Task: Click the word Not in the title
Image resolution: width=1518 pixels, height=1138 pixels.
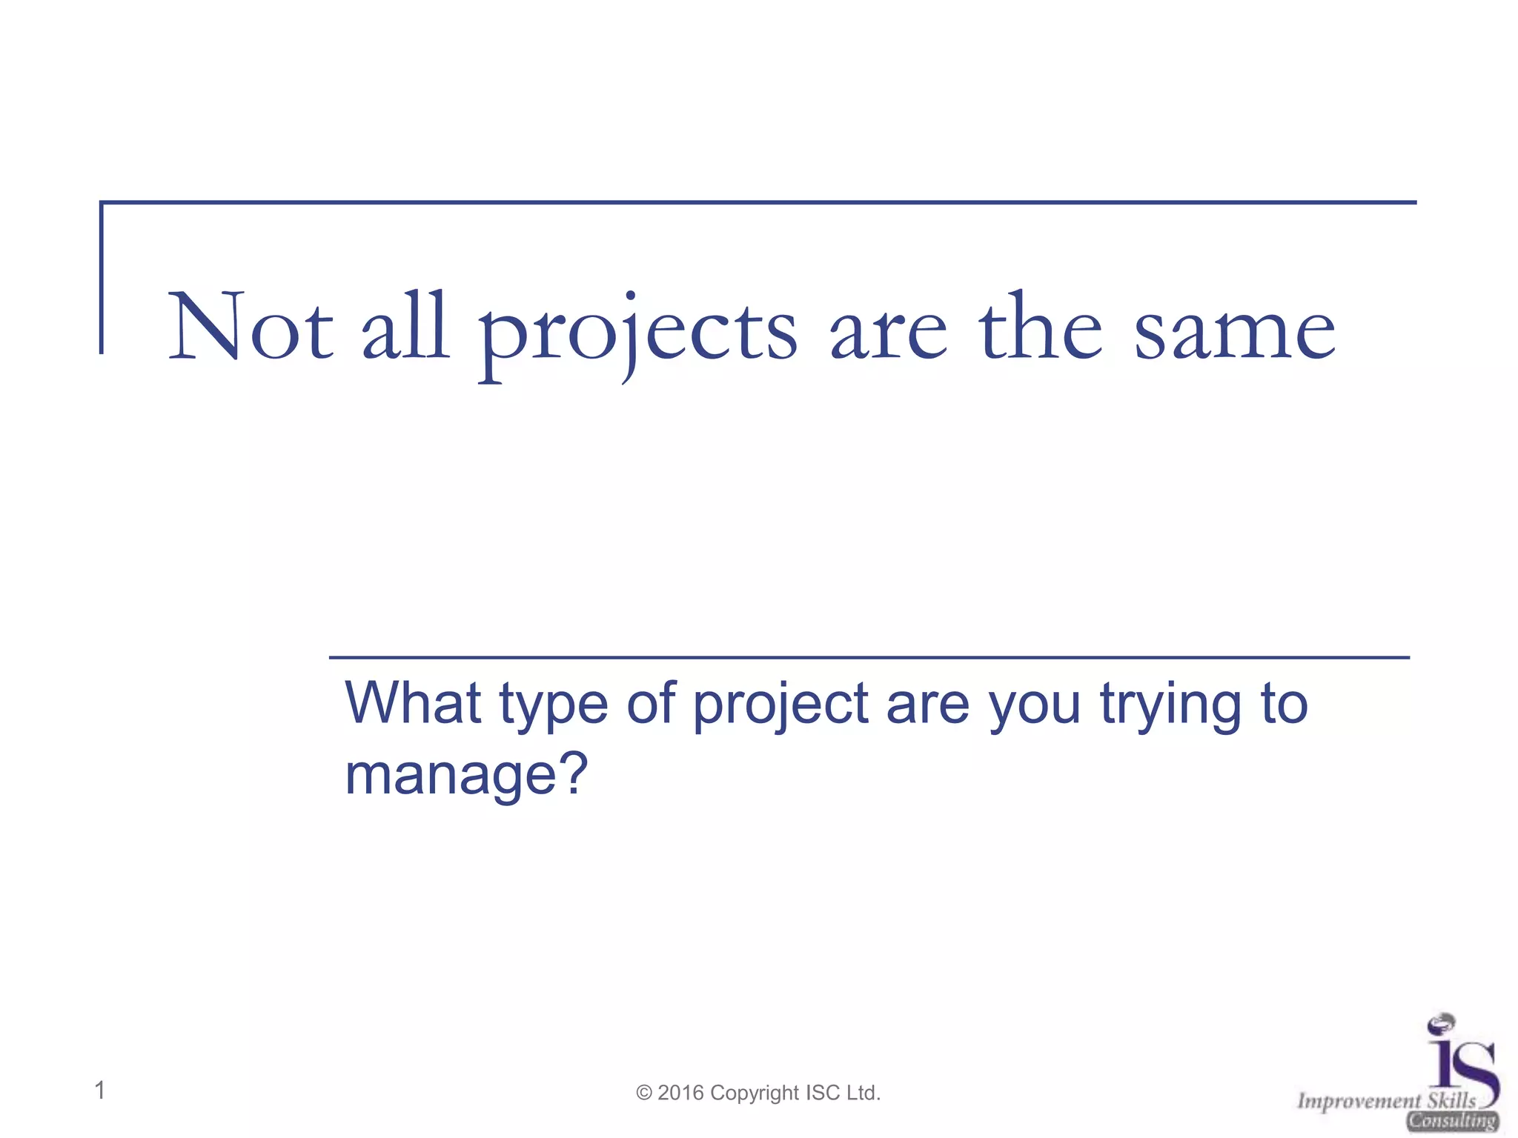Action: pos(251,328)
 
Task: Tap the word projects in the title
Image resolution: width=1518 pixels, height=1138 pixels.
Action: pos(637,333)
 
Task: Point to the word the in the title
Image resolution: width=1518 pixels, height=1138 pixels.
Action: pos(1041,328)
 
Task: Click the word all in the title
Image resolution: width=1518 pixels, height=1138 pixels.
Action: pos(405,328)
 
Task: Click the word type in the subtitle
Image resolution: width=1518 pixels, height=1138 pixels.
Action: pos(554,708)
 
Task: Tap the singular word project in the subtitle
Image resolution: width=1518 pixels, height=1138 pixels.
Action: pos(780,708)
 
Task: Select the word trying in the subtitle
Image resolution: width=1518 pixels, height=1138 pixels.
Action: pos(1170,708)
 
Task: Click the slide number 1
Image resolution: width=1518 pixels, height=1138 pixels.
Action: pos(100,1091)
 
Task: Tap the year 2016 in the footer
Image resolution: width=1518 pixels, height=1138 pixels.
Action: pos(680,1093)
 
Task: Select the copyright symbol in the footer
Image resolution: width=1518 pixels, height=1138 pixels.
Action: pos(644,1094)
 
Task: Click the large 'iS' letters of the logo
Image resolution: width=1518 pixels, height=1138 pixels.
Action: pos(1462,1064)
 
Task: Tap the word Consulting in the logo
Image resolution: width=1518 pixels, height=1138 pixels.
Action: pos(1453,1121)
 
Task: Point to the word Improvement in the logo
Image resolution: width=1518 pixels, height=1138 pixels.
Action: pos(1359,1102)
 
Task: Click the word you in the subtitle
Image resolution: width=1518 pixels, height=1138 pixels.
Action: pos(1035,708)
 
